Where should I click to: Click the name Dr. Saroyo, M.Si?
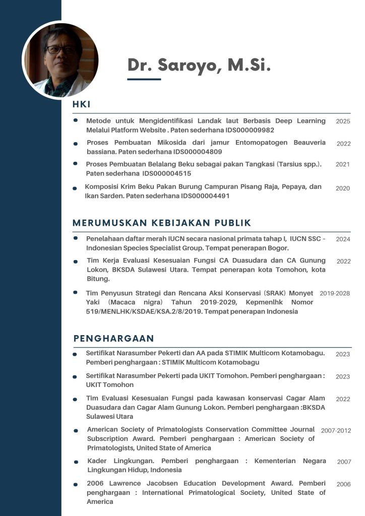pos(199,65)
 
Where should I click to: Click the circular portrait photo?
pos(60,59)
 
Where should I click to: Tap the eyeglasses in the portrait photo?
pos(59,49)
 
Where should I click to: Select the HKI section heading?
pos(81,105)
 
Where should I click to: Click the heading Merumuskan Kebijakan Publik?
pos(162,223)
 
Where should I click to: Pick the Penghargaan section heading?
pos(113,338)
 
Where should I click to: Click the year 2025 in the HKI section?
pos(343,121)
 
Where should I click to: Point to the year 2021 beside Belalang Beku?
pos(342,164)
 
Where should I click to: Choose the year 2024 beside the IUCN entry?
pos(343,239)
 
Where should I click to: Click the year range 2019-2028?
pos(335,293)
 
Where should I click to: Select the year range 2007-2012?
pos(336,431)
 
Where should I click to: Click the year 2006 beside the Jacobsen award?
pos(343,484)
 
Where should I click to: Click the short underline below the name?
pos(144,79)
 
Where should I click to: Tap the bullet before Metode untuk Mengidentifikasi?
pos(76,121)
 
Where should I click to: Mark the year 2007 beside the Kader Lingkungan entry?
pos(344,462)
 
